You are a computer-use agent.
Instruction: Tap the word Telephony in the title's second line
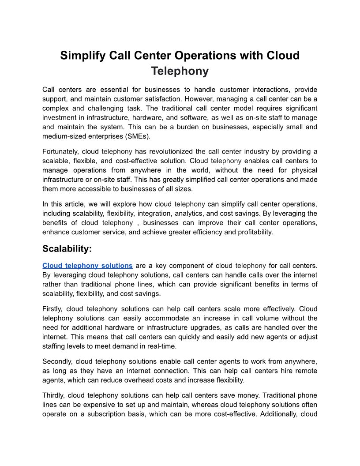click(x=180, y=71)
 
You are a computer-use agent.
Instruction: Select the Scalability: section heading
click(x=67, y=249)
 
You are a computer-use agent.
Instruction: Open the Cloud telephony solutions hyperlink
click(x=87, y=266)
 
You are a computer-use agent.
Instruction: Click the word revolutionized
click(x=174, y=151)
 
